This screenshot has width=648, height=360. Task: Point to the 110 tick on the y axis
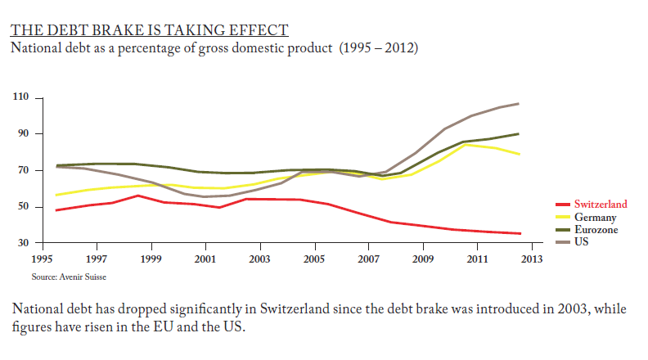tap(21, 98)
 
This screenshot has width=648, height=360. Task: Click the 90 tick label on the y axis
tap(24, 133)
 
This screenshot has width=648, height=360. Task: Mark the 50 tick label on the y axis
tap(24, 207)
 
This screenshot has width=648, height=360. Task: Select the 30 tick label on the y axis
tap(24, 243)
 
